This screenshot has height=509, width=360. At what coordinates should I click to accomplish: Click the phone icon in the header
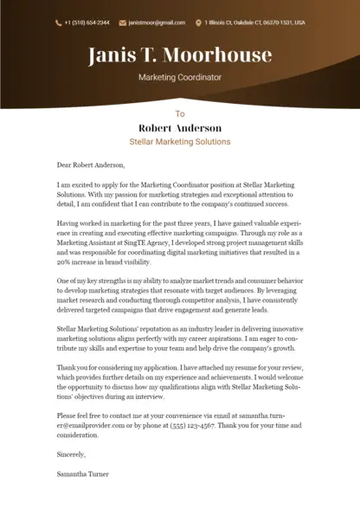click(x=58, y=23)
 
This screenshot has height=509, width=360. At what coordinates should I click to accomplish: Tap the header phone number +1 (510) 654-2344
click(x=87, y=23)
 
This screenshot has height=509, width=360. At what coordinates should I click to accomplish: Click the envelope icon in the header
click(x=122, y=23)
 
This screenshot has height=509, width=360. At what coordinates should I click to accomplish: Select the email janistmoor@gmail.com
click(x=157, y=23)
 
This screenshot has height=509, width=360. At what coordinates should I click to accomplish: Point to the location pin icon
click(x=198, y=23)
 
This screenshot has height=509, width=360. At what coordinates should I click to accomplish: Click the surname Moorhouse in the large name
click(x=217, y=56)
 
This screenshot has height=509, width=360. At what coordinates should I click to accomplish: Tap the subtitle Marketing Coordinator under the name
click(x=180, y=77)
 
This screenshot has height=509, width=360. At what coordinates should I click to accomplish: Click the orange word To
click(x=180, y=113)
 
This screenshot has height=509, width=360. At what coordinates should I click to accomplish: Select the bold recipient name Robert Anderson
click(x=180, y=127)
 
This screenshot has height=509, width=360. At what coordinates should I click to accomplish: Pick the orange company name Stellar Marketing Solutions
click(x=180, y=141)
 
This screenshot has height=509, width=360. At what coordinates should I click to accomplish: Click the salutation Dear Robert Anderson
click(x=91, y=164)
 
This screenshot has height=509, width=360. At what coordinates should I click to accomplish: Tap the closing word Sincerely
click(x=72, y=454)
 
